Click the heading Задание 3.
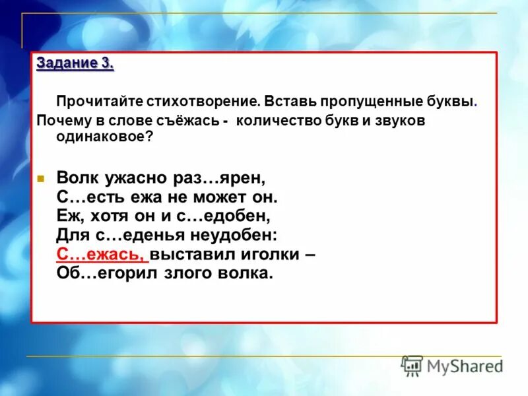(x=75, y=64)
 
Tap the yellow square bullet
(x=40, y=179)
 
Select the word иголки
(x=263, y=254)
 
